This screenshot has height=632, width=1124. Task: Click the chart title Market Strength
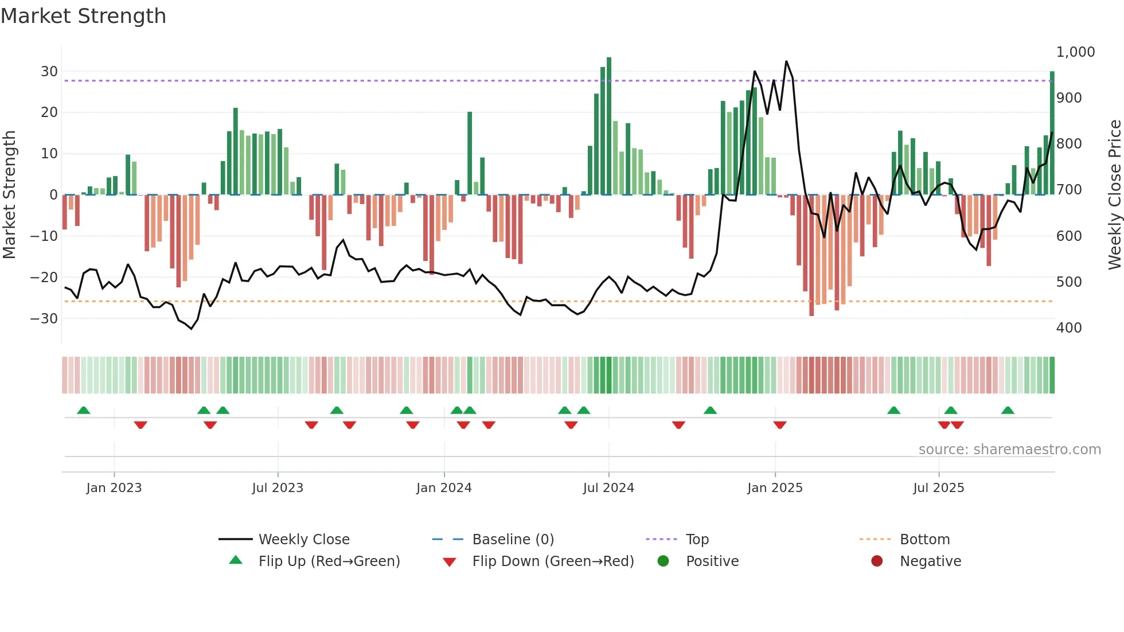pos(83,16)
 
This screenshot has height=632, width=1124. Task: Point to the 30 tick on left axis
pos(49,72)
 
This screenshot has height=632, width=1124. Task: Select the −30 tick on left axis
pos(45,318)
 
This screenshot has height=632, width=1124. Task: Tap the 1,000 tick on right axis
pos(1075,52)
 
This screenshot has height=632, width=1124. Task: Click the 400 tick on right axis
pos(1068,328)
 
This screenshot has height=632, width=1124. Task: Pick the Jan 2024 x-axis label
pos(444,488)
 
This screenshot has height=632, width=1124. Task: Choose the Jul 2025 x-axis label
pos(938,488)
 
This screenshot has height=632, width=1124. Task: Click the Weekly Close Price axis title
pos(1114,195)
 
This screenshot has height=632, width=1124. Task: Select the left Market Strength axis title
pos(9,195)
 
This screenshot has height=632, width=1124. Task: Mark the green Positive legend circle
pos(663,561)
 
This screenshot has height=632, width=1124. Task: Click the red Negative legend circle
pos(877,561)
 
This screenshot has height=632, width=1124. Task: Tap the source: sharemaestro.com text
pos(1009,450)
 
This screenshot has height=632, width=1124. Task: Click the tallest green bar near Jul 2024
pos(609,126)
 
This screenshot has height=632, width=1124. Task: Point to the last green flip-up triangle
pos(1008,411)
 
